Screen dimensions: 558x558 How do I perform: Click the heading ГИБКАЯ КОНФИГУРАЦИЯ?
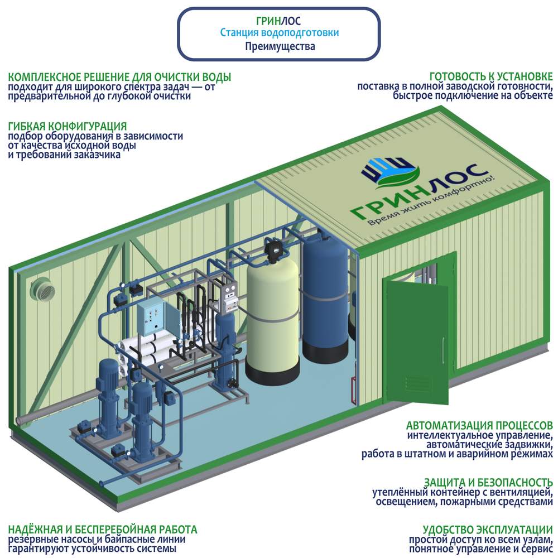coord(68,126)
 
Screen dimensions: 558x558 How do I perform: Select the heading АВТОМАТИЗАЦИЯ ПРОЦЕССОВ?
coord(480,425)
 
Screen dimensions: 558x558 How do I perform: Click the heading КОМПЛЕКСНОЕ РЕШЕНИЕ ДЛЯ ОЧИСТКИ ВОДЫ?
coord(119,77)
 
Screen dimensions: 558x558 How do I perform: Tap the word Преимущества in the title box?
coord(280,46)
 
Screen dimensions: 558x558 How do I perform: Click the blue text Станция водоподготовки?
coord(279,33)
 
